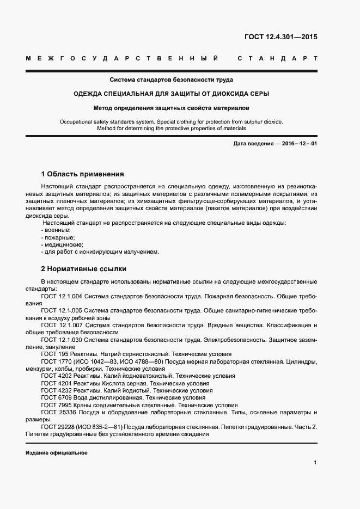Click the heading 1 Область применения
click(82, 174)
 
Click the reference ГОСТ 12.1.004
click(61, 296)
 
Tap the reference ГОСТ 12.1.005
click(61, 310)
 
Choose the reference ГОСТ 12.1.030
click(61, 339)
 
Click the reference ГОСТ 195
click(53, 354)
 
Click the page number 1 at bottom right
click(315, 463)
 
